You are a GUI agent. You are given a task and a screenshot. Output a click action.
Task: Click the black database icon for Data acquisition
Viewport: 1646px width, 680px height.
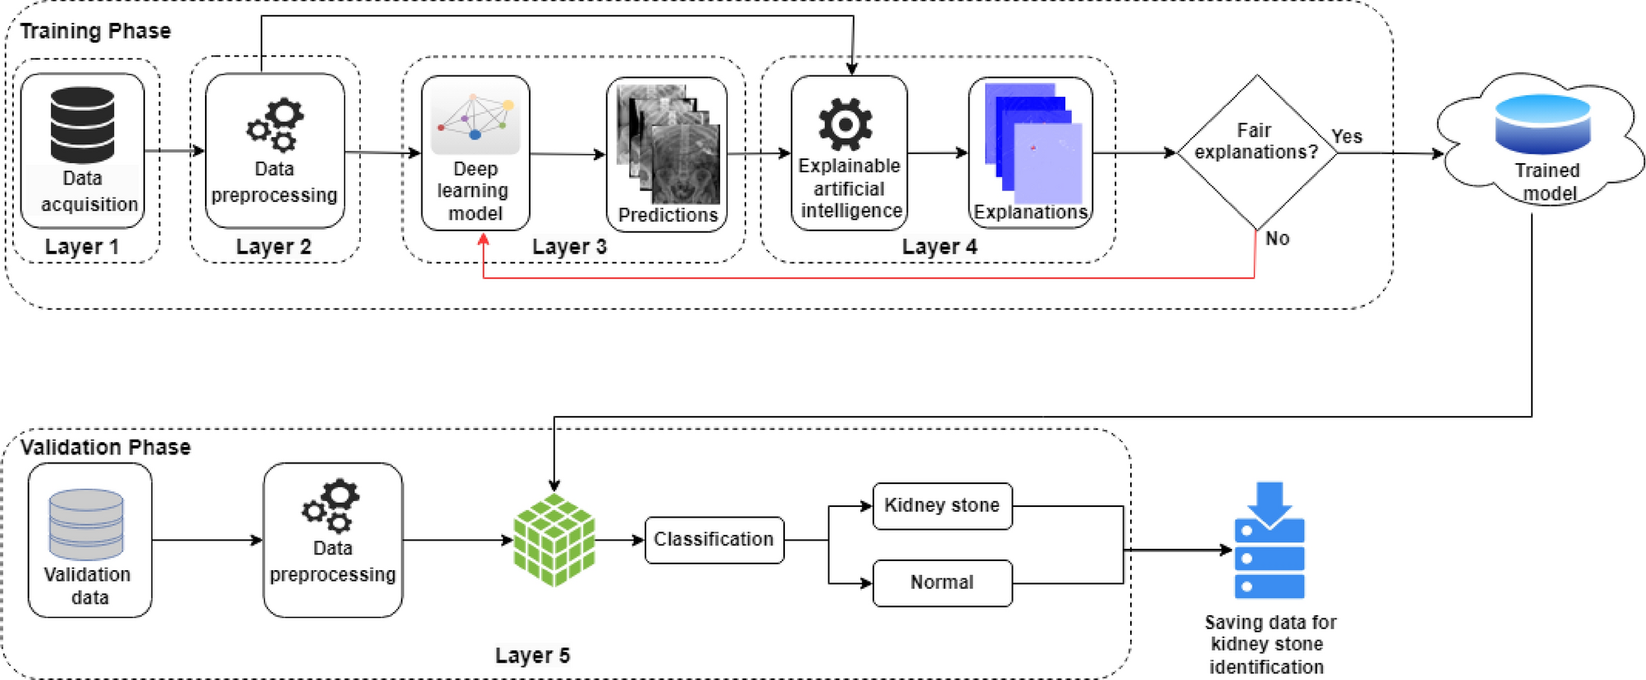82,125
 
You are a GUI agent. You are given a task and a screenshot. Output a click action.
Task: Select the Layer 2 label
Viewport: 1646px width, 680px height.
273,247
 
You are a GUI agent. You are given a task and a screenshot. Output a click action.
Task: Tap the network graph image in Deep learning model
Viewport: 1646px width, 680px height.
475,116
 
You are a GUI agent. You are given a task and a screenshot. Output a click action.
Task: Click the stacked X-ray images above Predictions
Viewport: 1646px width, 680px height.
668,144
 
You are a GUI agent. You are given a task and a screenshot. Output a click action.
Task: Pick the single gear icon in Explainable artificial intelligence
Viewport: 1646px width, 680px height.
846,125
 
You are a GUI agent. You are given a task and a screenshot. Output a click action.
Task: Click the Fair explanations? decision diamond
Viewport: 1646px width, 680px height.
1256,153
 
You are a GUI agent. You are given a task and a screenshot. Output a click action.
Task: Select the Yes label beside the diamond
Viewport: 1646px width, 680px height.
1347,136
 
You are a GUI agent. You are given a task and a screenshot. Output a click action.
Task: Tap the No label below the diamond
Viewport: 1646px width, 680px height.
1277,239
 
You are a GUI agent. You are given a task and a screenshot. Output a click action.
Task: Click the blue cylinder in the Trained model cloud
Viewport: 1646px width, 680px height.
1542,125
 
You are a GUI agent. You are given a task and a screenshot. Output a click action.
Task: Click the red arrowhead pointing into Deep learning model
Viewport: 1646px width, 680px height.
483,240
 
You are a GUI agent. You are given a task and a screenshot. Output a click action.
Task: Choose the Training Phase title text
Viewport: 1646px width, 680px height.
95,31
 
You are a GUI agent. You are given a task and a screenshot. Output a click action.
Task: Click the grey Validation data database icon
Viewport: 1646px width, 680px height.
86,525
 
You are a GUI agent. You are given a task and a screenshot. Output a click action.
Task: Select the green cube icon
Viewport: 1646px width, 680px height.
554,540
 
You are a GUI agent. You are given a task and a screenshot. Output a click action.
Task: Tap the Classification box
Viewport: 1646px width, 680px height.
714,540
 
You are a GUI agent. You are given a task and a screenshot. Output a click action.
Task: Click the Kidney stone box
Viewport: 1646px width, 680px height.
942,506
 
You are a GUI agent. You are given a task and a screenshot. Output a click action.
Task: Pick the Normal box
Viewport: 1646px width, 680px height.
942,583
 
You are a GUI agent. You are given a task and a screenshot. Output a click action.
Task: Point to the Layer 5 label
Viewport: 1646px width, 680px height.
532,655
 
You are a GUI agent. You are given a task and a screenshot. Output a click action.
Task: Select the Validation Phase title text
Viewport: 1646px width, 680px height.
105,447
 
